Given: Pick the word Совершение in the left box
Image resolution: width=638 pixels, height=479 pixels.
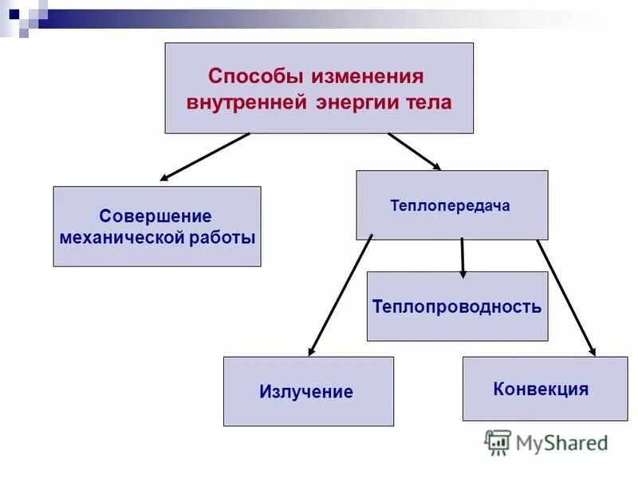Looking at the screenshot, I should coord(156,216).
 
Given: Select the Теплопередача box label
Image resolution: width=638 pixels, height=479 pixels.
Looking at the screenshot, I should coord(450,205).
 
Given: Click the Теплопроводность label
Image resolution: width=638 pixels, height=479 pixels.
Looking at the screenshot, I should coord(457,307).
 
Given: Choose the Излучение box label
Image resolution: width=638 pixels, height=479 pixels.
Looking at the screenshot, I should coord(306,392).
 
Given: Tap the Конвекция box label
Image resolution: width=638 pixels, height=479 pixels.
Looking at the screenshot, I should coord(541,390).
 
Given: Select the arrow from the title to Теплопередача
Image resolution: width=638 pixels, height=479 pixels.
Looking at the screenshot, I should coord(414,151).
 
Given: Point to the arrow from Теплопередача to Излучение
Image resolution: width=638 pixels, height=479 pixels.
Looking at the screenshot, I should coord(341,295).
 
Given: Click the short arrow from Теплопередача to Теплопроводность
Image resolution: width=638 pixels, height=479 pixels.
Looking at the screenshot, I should coord(462,258).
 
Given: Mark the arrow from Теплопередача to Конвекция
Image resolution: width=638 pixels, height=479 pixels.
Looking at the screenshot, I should coord(565,296).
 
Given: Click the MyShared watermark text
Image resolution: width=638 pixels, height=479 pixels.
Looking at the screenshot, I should coord(561,442).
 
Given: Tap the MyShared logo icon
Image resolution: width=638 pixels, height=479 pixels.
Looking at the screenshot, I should coord(498,441).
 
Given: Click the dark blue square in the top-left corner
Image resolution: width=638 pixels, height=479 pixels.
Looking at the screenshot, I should coord(14,14).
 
